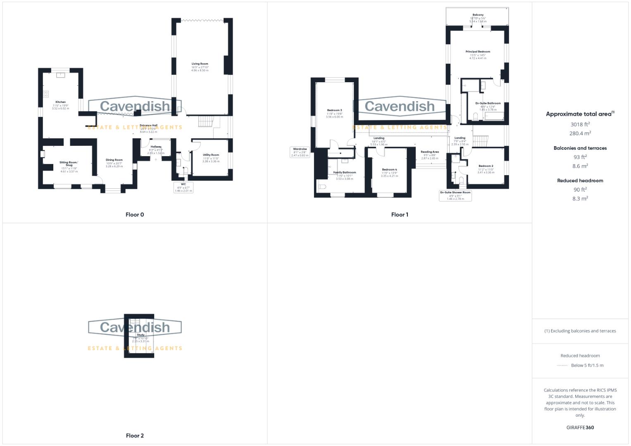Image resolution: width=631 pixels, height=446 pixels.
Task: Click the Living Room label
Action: pos(200,64)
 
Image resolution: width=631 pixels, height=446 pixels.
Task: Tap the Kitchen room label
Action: pos(60,102)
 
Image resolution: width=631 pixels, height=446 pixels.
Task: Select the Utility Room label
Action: pos(211,155)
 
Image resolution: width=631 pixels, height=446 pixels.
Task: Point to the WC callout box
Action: pos(183,187)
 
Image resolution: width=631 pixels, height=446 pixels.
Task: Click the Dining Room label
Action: pos(114,160)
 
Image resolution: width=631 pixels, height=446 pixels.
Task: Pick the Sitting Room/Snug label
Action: pos(69,164)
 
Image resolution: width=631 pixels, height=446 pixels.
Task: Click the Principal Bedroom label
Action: pos(478,52)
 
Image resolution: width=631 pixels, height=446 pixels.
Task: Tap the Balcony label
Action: pos(478,15)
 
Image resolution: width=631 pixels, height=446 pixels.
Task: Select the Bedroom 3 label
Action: pos(334,110)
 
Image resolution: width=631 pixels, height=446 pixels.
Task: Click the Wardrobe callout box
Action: pos(300,152)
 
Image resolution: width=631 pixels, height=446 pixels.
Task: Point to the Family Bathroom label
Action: pos(344,172)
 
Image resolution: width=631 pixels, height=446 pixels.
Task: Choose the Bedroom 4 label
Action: pos(389,169)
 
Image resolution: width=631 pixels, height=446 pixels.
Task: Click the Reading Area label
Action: pos(430,152)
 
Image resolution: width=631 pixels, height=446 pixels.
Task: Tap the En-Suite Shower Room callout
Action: pos(455,195)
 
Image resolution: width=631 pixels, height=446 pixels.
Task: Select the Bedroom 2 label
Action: pos(486,166)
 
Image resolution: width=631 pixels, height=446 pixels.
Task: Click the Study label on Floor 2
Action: pos(140,335)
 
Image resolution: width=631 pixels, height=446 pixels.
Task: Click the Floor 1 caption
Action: pos(399,215)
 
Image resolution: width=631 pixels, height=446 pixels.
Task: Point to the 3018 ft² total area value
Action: pos(580,124)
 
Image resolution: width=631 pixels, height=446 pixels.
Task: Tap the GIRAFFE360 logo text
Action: pos(580,427)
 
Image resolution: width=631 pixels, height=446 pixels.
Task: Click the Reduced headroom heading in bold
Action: pos(580,180)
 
